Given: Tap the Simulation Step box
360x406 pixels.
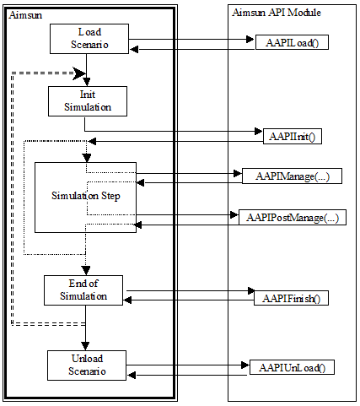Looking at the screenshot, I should [85, 196].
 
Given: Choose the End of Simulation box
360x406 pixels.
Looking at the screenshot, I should [84, 290].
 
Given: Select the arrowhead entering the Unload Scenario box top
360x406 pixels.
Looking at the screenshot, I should [84, 346].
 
